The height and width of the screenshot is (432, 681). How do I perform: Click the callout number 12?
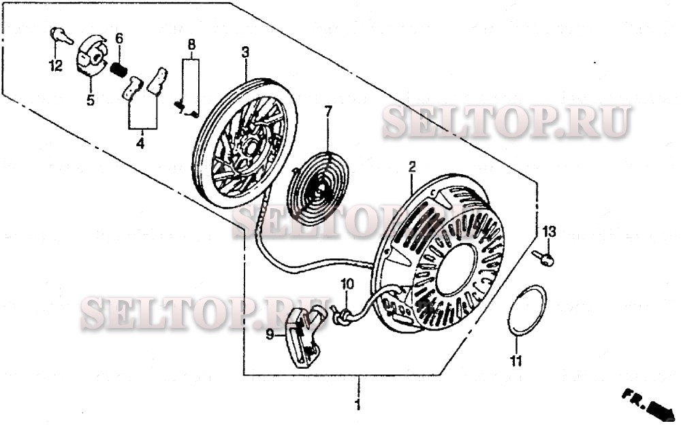point(55,66)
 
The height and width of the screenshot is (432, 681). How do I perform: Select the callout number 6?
point(119,38)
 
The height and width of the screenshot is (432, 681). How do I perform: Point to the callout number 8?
point(191,45)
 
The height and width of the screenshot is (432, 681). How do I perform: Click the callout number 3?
point(245,52)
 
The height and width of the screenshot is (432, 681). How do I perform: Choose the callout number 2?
point(412,166)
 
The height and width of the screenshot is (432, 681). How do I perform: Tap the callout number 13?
point(549,232)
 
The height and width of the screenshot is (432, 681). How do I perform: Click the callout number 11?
point(516,361)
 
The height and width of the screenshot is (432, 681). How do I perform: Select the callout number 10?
point(347,284)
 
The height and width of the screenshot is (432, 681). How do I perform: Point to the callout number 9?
point(270,334)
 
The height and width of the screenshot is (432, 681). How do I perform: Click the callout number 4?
point(141,144)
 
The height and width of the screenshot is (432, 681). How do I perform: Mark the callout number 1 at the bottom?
point(357,406)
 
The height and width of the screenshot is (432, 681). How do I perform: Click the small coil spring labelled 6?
point(120,69)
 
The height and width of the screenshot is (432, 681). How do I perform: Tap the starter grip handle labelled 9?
point(304,337)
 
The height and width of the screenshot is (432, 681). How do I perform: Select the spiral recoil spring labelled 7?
point(317,188)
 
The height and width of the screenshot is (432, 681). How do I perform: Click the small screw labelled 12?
point(61,35)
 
